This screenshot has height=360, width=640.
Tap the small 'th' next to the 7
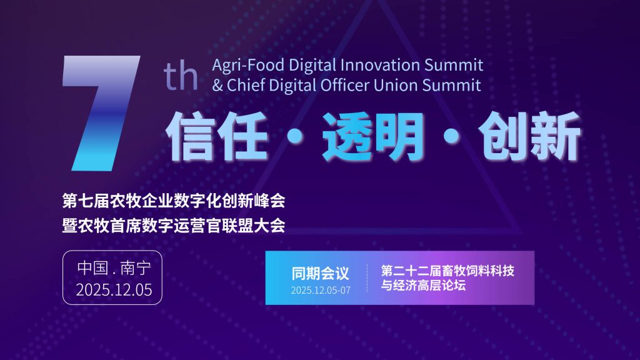181,76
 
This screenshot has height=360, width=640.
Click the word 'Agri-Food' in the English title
248,65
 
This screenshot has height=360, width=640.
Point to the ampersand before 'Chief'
217,85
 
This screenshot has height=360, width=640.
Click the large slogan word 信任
217,136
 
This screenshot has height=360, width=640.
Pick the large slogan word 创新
529,136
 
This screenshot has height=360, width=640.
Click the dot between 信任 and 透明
295,136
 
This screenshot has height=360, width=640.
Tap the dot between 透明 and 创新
451,136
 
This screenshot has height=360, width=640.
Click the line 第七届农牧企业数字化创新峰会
174,201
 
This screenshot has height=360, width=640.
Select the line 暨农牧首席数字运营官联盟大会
174,225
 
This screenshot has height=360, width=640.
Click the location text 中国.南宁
114,268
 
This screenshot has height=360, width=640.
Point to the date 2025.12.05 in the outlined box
114,290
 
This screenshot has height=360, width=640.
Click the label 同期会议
321,274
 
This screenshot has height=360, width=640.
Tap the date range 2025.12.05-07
321,290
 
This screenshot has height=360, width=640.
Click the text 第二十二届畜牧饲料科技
447,271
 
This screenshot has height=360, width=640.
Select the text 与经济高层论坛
423,285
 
